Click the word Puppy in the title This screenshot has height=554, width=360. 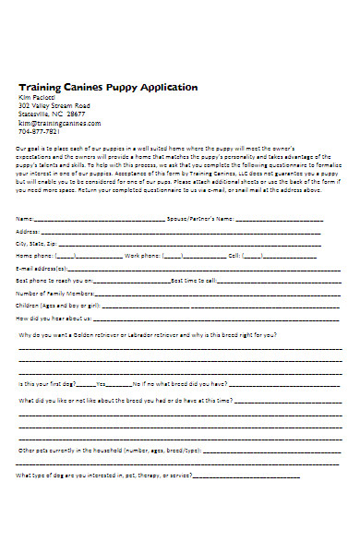116,87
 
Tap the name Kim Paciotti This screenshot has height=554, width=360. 38,97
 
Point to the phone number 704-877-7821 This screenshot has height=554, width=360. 40,130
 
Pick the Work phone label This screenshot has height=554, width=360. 145,254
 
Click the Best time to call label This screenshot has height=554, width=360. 194,278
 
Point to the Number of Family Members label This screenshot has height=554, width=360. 53,291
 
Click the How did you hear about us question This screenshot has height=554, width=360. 54,316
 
